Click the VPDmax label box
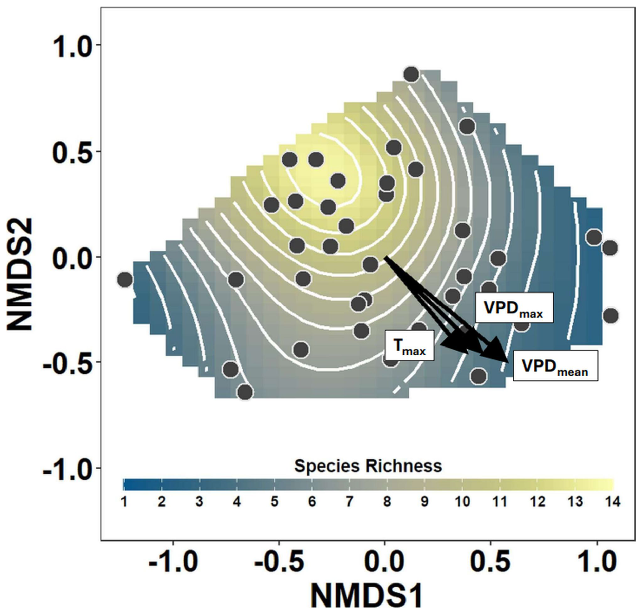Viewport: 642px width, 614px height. click(514, 308)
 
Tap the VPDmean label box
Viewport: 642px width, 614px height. click(555, 365)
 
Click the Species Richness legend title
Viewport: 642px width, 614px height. click(368, 466)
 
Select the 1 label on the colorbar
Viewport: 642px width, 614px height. click(124, 501)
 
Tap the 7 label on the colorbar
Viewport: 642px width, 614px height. click(350, 501)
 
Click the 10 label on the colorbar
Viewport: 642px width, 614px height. click(462, 501)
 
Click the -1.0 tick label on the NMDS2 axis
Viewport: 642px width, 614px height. click(67, 468)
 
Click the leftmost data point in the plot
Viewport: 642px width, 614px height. click(125, 280)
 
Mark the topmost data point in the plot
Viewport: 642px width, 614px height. click(411, 74)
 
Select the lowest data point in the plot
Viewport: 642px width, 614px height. click(245, 392)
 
